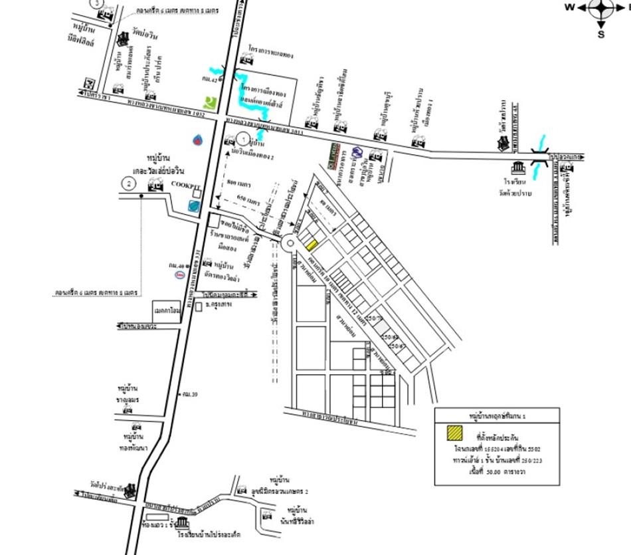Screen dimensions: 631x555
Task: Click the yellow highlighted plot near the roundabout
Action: (312, 245)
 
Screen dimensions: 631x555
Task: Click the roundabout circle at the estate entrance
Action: (290, 244)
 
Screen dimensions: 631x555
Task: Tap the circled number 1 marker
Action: (244, 140)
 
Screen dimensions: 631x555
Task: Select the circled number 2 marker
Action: (128, 183)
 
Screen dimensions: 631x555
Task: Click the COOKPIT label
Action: (183, 183)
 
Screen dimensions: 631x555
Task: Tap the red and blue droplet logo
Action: (198, 140)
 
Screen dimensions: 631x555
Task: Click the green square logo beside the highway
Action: (211, 104)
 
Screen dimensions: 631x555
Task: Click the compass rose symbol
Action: (600, 8)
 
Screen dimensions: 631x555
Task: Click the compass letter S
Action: (600, 34)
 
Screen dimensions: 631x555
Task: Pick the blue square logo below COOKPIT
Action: (193, 206)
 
